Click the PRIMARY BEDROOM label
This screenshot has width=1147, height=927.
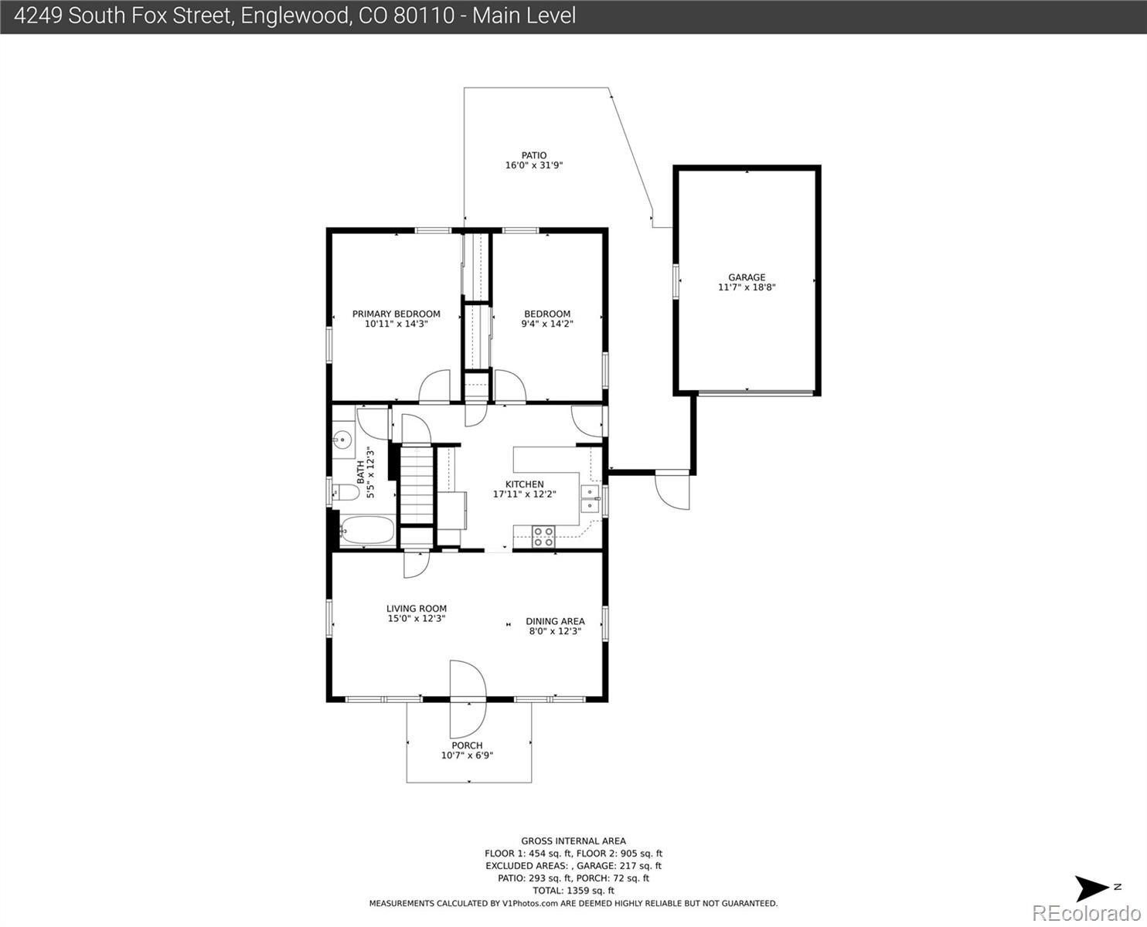397,314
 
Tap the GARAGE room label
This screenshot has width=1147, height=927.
747,277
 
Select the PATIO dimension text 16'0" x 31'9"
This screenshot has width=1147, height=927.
533,165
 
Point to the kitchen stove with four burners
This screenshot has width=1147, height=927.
543,536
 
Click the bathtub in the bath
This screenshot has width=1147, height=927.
368,531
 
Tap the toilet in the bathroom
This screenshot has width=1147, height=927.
345,492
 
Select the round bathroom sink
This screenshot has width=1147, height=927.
342,440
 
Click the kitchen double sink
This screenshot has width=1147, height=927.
591,499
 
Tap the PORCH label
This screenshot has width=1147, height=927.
467,745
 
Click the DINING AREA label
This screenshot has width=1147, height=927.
555,621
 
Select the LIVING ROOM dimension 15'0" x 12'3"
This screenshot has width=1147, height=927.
417,618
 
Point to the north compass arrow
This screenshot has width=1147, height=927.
1091,888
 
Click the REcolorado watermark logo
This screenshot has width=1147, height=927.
1086,914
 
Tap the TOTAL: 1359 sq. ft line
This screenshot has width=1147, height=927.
573,891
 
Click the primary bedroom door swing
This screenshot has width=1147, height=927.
434,385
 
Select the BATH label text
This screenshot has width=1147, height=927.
360,472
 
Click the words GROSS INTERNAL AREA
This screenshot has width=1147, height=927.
573,841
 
